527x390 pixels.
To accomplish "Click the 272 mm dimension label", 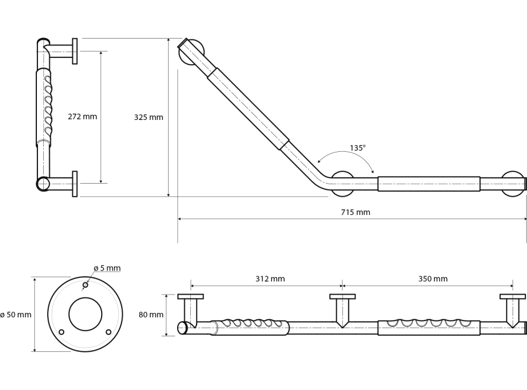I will click(82, 117).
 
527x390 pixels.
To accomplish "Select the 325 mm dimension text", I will click(148, 117).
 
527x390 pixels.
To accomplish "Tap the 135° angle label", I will click(357, 147).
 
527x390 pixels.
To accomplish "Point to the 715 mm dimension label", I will click(355, 212).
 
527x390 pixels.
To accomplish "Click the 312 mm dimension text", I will click(270, 279).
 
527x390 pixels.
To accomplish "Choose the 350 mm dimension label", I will click(433, 279).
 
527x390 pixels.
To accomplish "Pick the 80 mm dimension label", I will click(151, 314).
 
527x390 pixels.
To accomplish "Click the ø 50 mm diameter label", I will click(16, 314).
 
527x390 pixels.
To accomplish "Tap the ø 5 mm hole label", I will click(107, 268).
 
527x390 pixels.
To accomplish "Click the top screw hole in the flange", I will click(85, 285).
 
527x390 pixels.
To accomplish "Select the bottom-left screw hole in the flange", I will click(62, 331).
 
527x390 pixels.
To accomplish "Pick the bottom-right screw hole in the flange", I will click(108, 331).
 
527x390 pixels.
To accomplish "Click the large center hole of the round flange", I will click(85, 314).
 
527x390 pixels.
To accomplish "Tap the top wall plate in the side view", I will click(75, 51).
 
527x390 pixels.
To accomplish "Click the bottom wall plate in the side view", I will click(75, 184).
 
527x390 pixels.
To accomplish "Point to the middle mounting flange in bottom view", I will click(342, 296).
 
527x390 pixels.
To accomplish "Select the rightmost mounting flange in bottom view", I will click(512, 296).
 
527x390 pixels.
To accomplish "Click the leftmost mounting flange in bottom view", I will click(190, 296).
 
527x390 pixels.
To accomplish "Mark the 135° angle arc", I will click(346, 154).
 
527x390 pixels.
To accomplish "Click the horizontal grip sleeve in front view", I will click(429, 184).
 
